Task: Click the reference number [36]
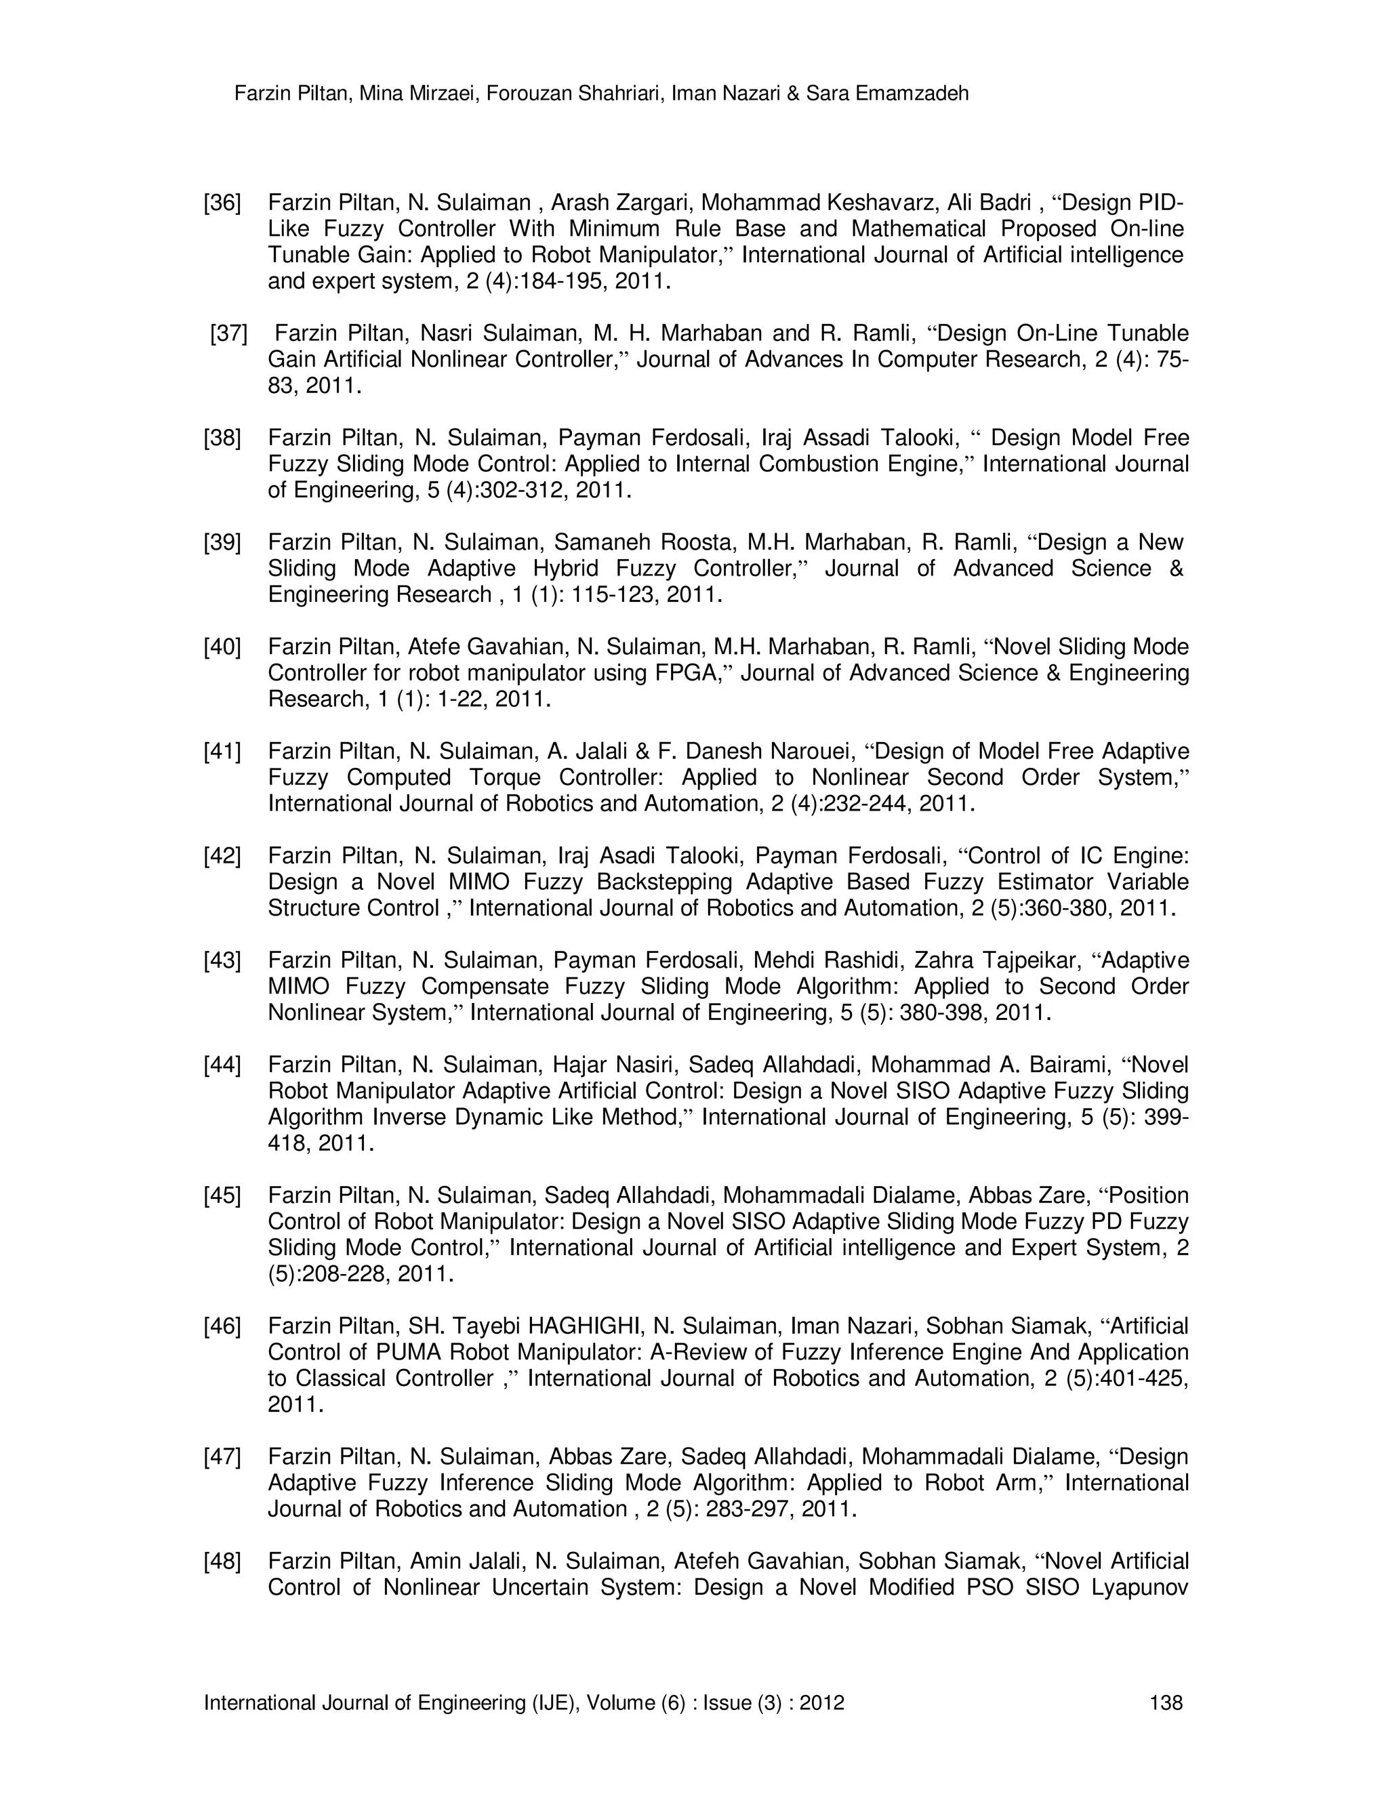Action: click(x=222, y=202)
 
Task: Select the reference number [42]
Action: click(x=222, y=856)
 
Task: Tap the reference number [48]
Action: click(x=222, y=1561)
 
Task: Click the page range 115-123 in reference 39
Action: click(x=610, y=594)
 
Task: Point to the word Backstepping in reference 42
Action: click(x=660, y=882)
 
